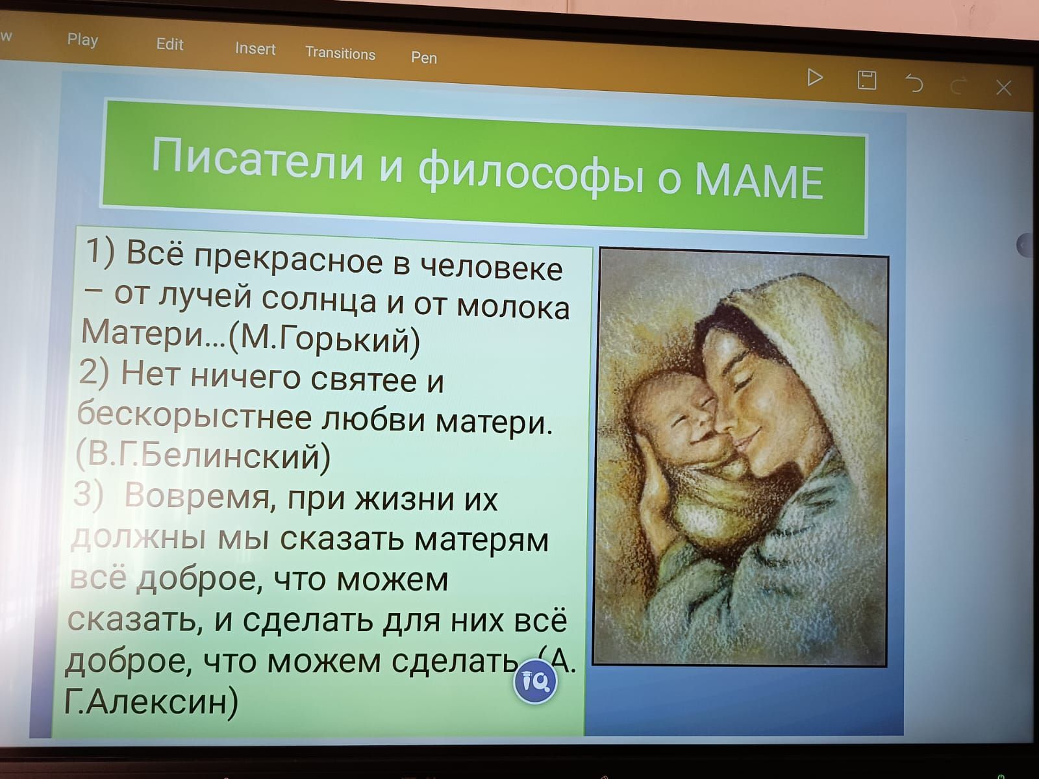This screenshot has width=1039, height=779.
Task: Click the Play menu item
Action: tap(82, 40)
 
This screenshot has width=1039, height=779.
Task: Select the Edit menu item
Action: tap(169, 44)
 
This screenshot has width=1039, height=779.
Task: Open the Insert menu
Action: tap(255, 49)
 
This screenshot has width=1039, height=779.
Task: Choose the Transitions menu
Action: tap(340, 53)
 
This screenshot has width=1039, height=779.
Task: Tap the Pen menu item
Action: tap(423, 58)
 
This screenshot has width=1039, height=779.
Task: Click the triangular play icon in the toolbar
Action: tap(814, 77)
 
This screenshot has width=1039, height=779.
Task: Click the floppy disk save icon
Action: tap(867, 80)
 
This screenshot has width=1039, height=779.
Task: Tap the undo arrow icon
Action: tap(914, 83)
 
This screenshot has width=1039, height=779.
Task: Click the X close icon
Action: tap(1003, 88)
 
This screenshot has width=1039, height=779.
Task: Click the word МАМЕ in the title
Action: tap(759, 182)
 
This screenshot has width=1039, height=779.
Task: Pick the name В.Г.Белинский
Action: tap(203, 456)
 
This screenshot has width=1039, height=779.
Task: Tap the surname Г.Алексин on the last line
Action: tap(151, 702)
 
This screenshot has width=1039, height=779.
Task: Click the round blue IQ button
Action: tap(535, 681)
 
